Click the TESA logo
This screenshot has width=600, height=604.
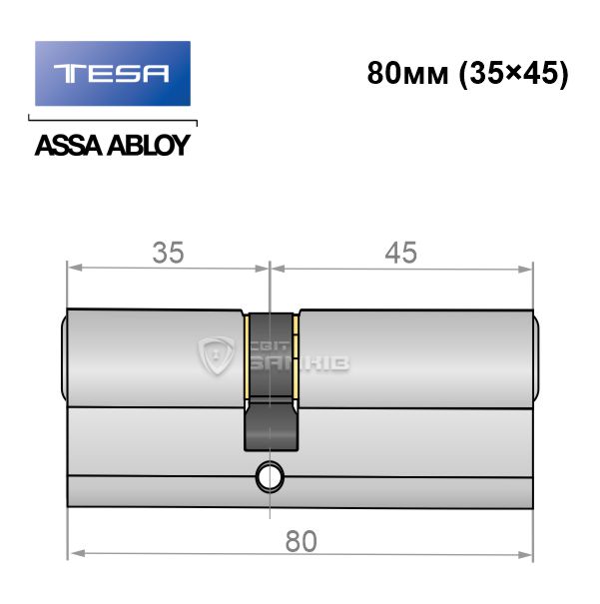pos(113,73)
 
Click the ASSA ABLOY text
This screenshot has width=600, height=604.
pos(113,145)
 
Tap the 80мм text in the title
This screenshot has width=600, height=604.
pos(408,73)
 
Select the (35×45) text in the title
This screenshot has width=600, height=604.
pos(514,73)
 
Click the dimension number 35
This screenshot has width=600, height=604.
pos(169,253)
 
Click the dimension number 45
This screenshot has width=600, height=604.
pos(401,253)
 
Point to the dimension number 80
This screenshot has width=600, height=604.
pos(300,541)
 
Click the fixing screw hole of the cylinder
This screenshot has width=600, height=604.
pos(270,477)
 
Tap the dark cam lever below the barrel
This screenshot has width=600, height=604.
pos(271,425)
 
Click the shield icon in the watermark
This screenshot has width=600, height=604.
pos(216,355)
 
